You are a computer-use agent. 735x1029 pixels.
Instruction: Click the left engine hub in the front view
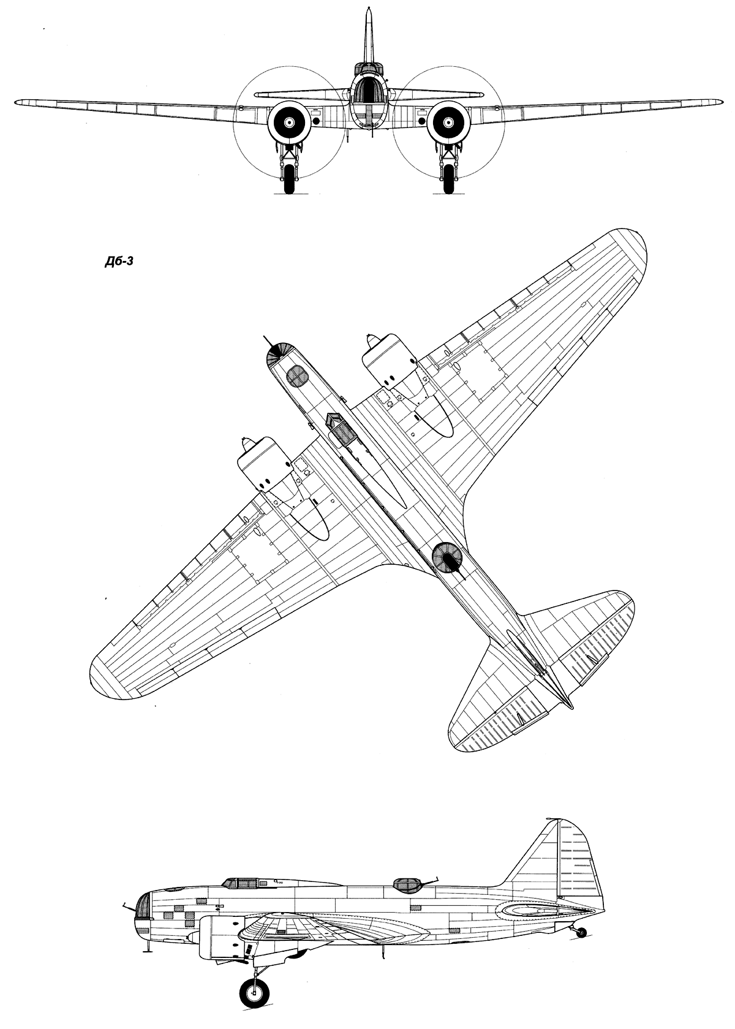(289, 123)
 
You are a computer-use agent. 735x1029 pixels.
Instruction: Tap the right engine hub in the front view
(448, 123)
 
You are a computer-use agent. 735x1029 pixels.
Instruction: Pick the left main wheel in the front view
(289, 179)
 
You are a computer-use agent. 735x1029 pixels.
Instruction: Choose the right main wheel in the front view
(448, 179)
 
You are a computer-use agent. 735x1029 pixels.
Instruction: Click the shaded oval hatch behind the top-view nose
(296, 377)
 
